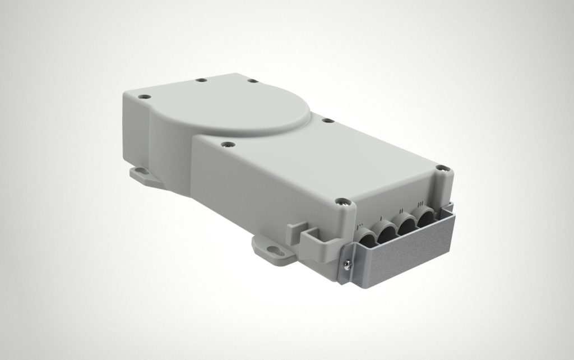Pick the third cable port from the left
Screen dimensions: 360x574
[x=407, y=223]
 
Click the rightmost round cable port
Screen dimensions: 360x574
[x=427, y=216]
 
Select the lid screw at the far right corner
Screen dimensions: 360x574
[x=442, y=167]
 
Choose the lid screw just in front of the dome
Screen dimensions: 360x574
[x=226, y=145]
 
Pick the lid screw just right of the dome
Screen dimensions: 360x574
[x=325, y=119]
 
